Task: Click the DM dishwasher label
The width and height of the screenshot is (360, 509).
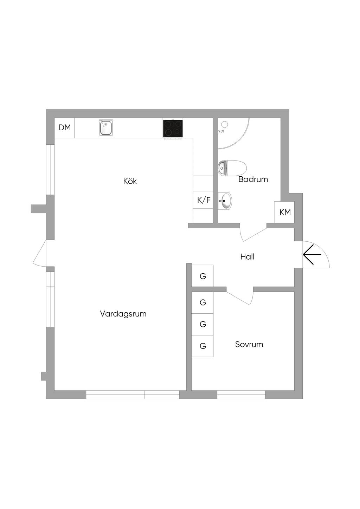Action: tap(64, 128)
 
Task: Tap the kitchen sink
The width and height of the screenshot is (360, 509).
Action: tap(106, 128)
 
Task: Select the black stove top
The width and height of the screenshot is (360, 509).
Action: tap(173, 129)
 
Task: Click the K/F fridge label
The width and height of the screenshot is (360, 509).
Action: tap(204, 200)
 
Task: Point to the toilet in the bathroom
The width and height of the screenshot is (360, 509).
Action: tap(232, 168)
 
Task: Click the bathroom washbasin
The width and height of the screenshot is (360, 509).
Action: tap(225, 201)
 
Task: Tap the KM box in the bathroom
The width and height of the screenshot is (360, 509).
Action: tap(285, 212)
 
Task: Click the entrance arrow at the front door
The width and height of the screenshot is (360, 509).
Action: tap(312, 254)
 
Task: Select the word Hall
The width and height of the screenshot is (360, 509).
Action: tap(247, 257)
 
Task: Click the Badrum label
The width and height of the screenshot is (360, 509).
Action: tap(253, 180)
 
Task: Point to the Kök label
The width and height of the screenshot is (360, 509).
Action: tap(130, 181)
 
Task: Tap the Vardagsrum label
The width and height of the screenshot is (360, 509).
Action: tap(123, 314)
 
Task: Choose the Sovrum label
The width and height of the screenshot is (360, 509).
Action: tap(249, 344)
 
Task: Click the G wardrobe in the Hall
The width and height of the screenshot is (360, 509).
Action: tap(202, 276)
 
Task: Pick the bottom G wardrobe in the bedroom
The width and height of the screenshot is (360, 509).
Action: tap(202, 346)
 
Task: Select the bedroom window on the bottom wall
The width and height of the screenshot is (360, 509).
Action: tap(241, 394)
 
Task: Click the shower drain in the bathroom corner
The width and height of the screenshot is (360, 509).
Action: tap(225, 124)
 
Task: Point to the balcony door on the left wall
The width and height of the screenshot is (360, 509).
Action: tap(40, 254)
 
